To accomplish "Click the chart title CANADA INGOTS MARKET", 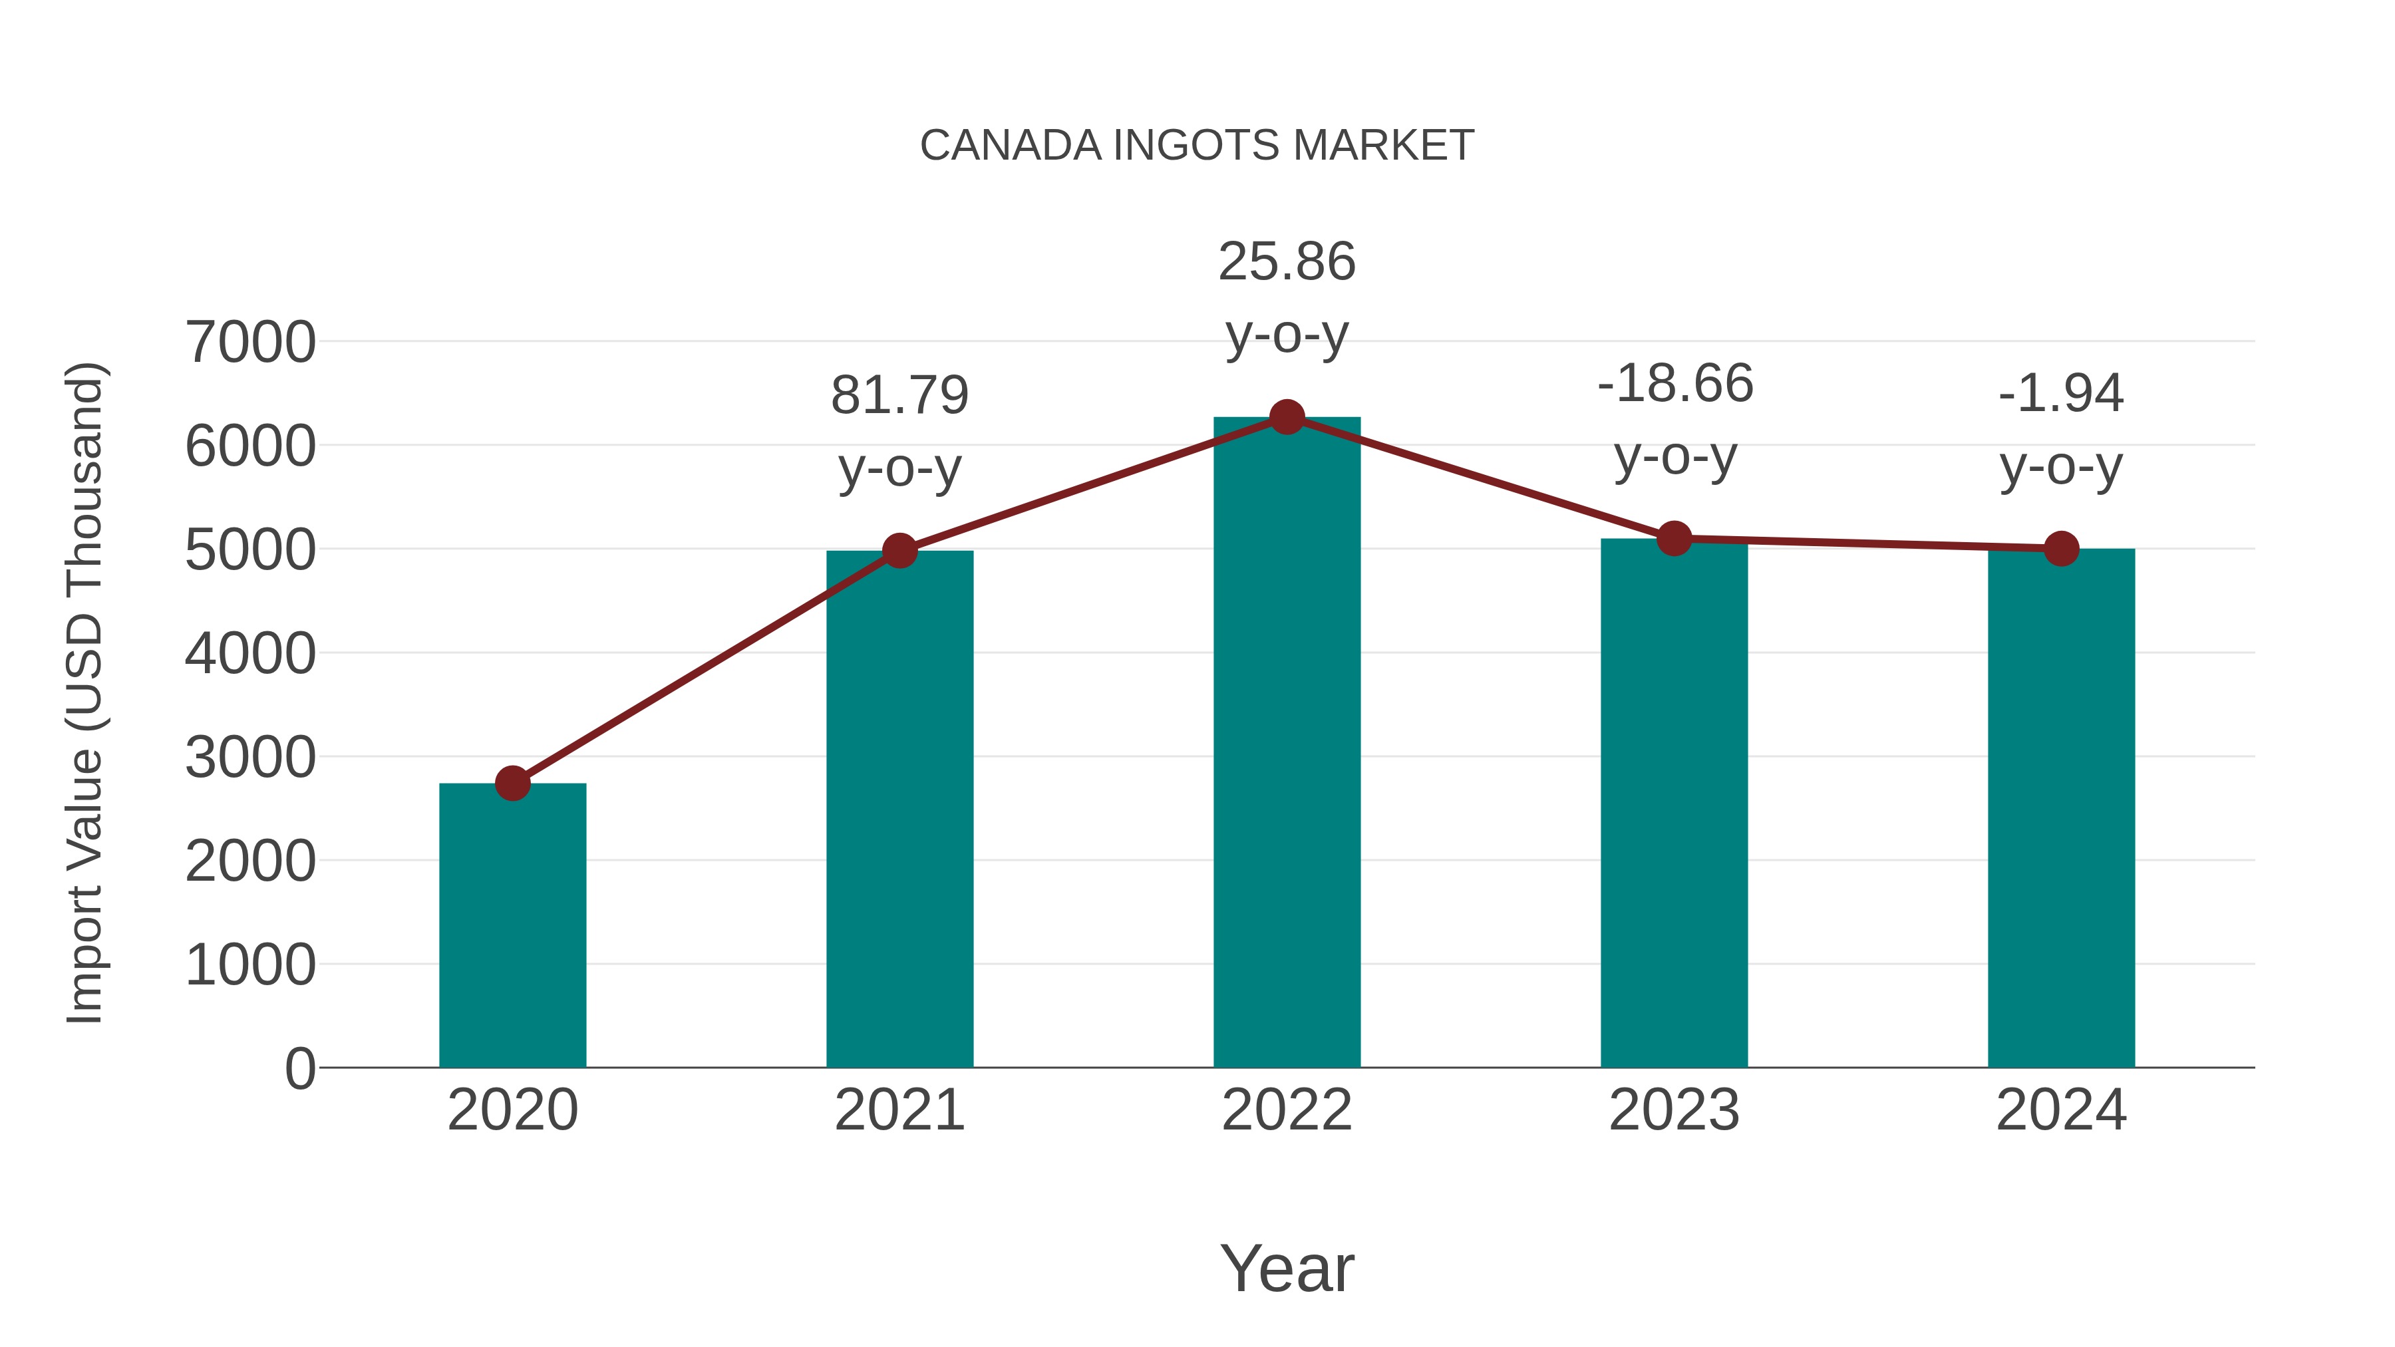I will click(x=1197, y=146).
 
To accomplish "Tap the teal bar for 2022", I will click(x=1287, y=744).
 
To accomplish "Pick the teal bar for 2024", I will click(x=2061, y=809).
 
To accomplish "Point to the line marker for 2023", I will click(x=1674, y=538).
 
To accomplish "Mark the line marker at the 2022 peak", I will click(x=1287, y=417).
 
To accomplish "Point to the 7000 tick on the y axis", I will click(x=250, y=342).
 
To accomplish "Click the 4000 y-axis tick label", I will click(x=250, y=653).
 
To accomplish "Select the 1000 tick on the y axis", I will click(x=250, y=965).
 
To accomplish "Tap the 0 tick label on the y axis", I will click(x=299, y=1069).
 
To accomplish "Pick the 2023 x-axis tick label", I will click(x=1674, y=1110).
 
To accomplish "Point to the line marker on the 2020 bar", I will click(x=512, y=784).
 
